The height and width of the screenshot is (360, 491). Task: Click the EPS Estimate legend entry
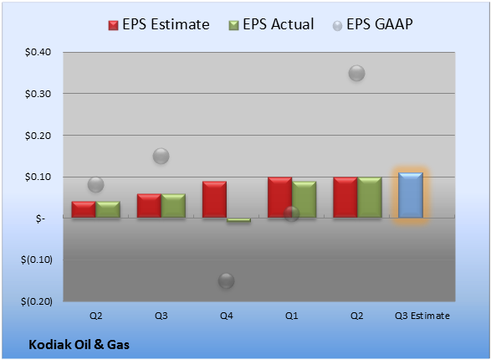click(159, 24)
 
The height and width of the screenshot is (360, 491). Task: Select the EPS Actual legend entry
click(271, 24)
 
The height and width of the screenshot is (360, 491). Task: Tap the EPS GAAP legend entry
click(372, 24)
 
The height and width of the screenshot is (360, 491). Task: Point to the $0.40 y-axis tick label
click(38, 52)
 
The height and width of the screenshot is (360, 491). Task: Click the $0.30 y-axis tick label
click(38, 94)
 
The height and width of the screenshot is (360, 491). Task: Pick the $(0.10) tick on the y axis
click(37, 260)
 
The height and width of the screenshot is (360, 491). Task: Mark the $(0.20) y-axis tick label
click(37, 301)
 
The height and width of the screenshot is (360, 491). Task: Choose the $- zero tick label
click(40, 219)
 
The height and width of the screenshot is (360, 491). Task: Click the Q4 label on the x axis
click(227, 316)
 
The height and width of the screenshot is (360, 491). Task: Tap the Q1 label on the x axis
click(292, 316)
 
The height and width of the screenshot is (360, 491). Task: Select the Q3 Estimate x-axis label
click(422, 316)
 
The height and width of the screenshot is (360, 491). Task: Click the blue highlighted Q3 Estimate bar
click(411, 195)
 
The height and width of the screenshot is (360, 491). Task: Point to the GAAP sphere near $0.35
click(356, 74)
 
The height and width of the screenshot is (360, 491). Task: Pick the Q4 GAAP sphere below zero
click(227, 280)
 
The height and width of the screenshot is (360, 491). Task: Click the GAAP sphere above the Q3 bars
click(161, 156)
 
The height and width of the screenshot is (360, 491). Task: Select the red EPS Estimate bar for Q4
click(214, 199)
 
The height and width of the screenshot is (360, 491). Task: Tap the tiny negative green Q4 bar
click(238, 220)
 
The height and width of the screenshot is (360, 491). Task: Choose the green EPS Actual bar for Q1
click(304, 199)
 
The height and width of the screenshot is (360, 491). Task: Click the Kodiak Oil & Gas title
click(79, 345)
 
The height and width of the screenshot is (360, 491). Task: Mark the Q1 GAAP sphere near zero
click(292, 213)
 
